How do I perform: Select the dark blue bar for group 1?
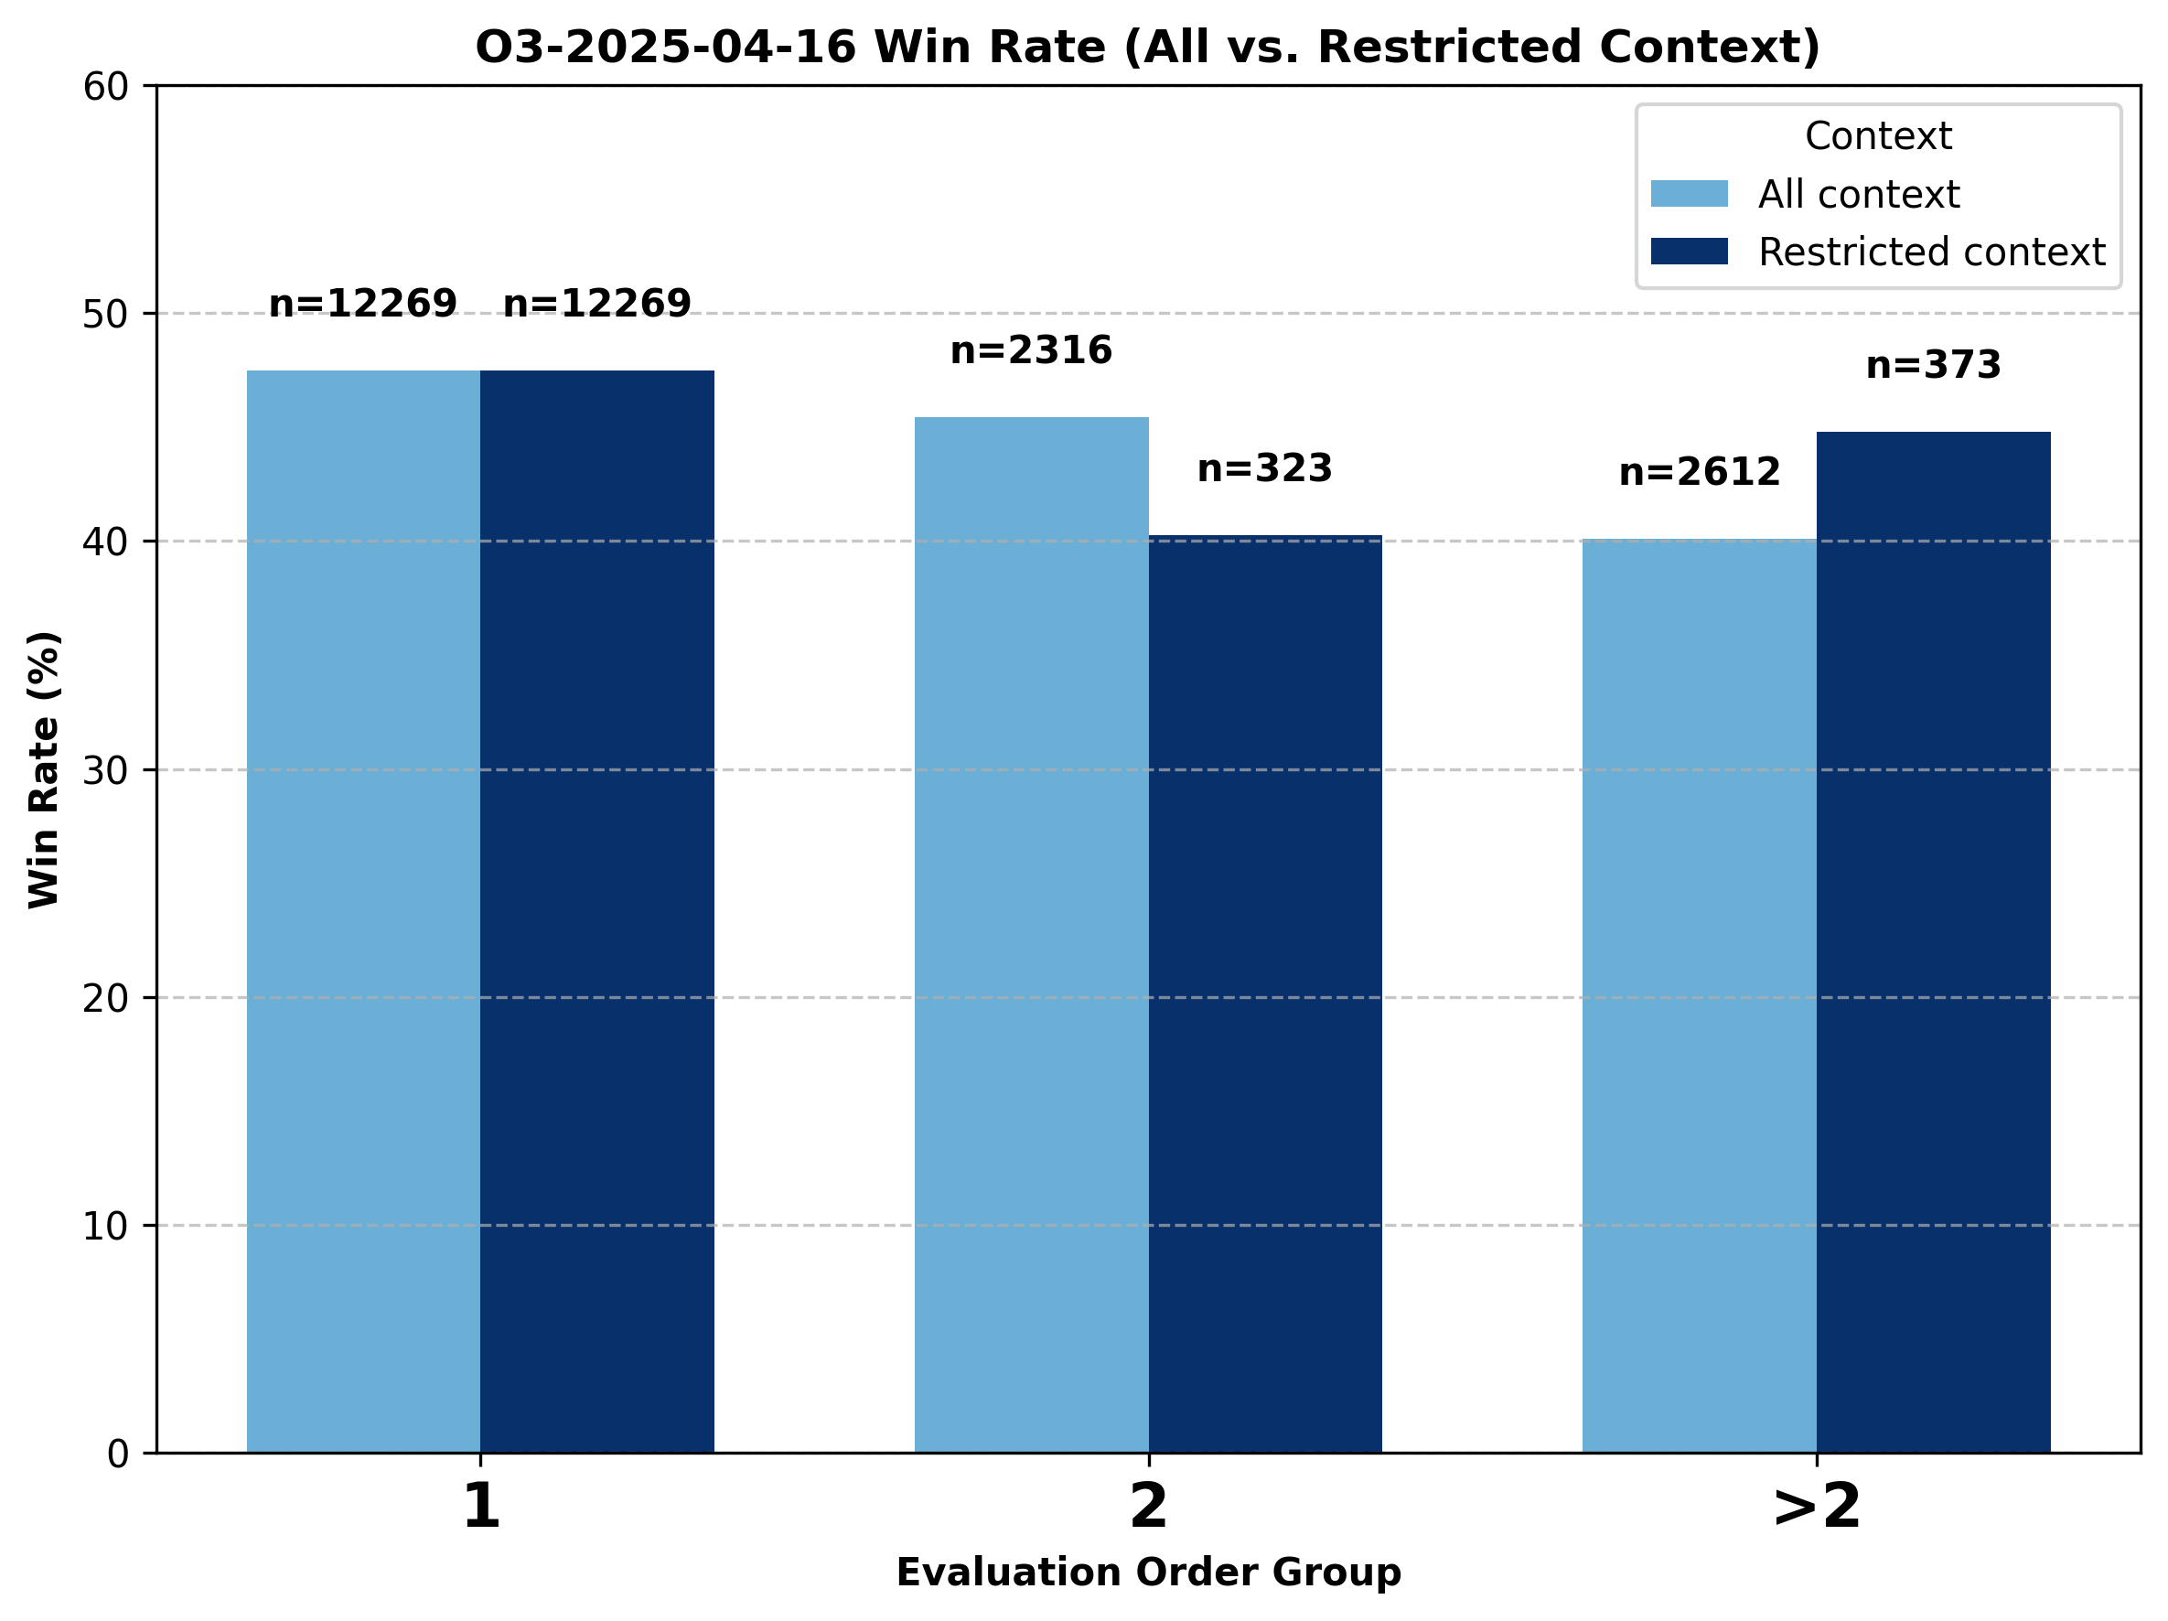[596, 911]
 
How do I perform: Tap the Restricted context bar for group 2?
[1264, 993]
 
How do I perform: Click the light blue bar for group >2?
[1699, 995]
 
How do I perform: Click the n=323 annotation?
[1264, 469]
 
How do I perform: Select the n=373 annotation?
[1933, 367]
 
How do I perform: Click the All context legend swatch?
[1689, 194]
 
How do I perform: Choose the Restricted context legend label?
[1931, 252]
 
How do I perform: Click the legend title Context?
[1878, 136]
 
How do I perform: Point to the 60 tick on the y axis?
[106, 87]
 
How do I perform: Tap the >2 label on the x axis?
[1816, 1507]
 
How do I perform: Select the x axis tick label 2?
[1148, 1507]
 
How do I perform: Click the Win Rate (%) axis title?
[44, 769]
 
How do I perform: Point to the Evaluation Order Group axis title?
[1148, 1572]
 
